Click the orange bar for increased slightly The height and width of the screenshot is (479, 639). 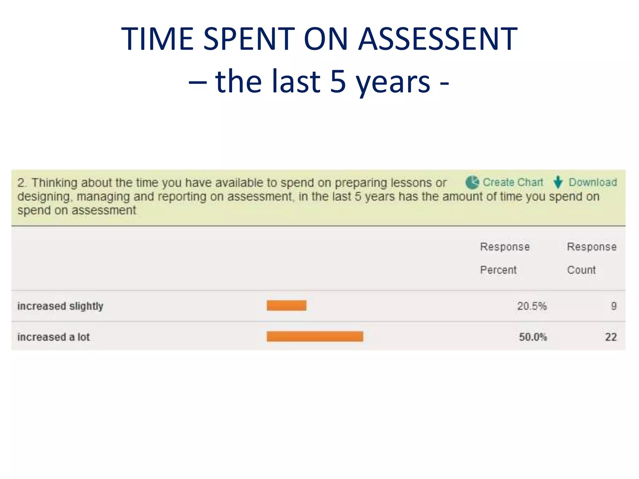pos(286,306)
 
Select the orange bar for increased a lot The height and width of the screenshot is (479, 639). pos(315,336)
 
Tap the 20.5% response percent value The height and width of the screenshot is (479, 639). pos(532,306)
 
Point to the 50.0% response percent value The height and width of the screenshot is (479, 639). pos(533,337)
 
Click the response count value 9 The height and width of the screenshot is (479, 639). pos(613,306)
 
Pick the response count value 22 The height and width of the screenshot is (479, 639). pos(611,337)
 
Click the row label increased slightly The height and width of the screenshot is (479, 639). pos(60,306)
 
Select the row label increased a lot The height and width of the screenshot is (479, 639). pos(53,337)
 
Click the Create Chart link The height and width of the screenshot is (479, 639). pos(513,182)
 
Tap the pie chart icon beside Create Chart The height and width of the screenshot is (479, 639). pos(472,182)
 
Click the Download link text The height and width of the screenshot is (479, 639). pos(593,182)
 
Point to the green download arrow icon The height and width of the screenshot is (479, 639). pos(558,182)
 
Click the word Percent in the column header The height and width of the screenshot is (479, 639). pos(498,270)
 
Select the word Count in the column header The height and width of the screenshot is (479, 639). pos(581,270)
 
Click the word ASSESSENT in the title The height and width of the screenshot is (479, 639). pos(437,39)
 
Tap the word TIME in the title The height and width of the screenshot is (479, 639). pos(157,39)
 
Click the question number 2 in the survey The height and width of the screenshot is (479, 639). pos(21,183)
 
